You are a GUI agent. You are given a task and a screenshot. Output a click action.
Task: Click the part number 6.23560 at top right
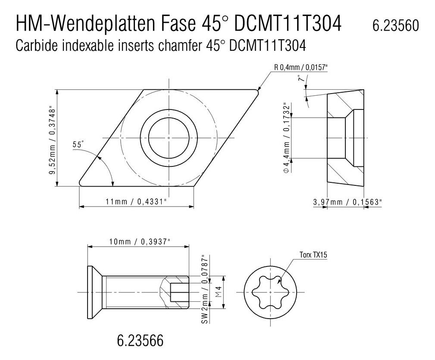coord(396,25)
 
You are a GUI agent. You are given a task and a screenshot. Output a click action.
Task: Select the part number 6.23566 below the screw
coord(140,340)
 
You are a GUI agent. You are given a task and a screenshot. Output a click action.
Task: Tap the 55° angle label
coord(78,144)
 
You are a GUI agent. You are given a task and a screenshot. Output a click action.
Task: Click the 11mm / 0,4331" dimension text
coord(136,201)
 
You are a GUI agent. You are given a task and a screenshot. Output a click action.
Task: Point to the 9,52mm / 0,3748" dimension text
coord(53,141)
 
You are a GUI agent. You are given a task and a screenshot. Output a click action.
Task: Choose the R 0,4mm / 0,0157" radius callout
coord(301,67)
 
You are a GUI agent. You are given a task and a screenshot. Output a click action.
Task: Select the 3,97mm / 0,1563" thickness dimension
coord(347,202)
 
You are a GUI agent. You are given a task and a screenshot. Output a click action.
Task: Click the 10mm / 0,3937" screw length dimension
coord(139,241)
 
